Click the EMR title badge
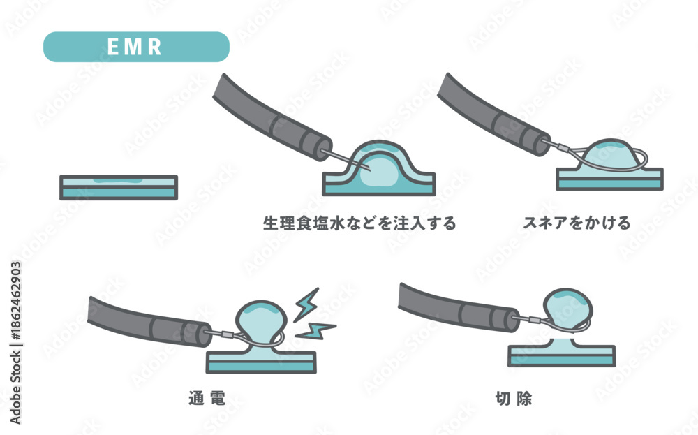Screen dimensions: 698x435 click(x=136, y=47)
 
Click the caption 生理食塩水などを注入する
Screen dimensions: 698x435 click(x=359, y=223)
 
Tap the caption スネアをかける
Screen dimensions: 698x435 click(x=577, y=223)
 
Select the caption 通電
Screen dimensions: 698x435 click(x=207, y=398)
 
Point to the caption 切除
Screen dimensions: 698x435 click(x=514, y=398)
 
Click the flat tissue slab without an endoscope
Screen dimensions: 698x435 click(x=119, y=187)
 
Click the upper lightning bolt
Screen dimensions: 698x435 click(x=306, y=304)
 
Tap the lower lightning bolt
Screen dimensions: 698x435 click(x=315, y=331)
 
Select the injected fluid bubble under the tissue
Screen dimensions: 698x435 click(x=378, y=172)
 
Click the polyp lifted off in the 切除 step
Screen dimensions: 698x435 click(x=568, y=309)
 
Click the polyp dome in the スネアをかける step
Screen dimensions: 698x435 click(x=610, y=154)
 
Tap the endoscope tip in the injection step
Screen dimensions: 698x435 click(x=324, y=149)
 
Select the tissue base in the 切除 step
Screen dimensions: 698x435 click(x=562, y=353)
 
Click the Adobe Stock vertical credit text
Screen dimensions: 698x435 click(x=15, y=343)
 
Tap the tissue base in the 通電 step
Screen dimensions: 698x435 click(x=261, y=359)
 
